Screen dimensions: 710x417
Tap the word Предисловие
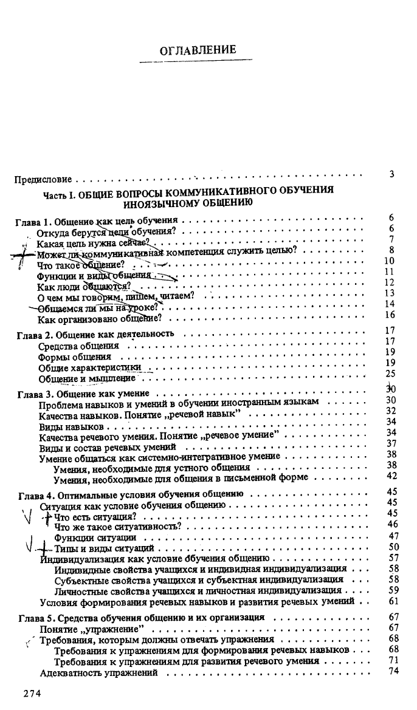pyautogui.click(x=43, y=180)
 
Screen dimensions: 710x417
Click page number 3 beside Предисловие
pyautogui.click(x=392, y=174)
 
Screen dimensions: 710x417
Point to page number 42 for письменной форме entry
pyautogui.click(x=392, y=476)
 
